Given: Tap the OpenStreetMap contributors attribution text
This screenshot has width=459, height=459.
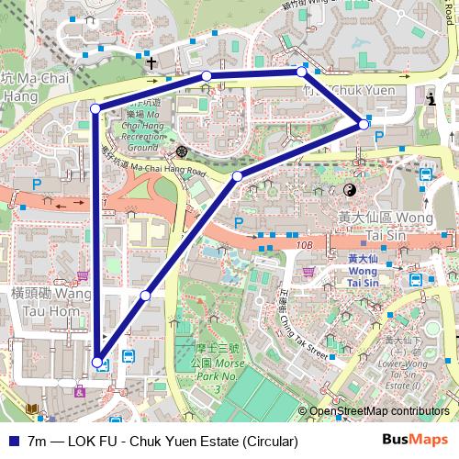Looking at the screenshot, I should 378,412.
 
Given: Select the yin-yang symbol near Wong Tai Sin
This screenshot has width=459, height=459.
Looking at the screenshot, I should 349,190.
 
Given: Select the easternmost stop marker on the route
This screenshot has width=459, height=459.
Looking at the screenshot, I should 364,124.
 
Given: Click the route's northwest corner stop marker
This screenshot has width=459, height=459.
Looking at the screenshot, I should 95,109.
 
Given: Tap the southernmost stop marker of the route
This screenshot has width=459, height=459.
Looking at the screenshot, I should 97,362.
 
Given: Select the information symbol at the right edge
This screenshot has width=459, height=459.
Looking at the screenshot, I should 433,97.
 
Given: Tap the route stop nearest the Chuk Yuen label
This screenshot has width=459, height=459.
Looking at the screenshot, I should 301,71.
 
